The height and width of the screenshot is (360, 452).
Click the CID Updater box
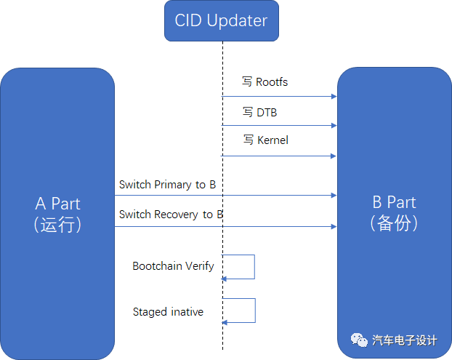point(222,20)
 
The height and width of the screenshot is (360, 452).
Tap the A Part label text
point(58,204)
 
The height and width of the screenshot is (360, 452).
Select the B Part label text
point(395,202)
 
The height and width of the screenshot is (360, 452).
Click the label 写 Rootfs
point(265,82)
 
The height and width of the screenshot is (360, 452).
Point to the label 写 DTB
point(259,113)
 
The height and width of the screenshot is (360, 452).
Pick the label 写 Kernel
point(265,140)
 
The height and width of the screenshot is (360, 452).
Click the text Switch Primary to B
point(167,185)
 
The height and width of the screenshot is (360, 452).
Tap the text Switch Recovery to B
point(171,215)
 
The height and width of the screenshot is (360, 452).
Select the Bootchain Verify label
point(173,266)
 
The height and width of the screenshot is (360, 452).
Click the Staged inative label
point(168,312)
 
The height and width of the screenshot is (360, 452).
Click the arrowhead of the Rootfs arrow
point(334,96)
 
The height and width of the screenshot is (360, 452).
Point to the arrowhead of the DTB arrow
point(334,126)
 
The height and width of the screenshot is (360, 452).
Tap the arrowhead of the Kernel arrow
point(334,156)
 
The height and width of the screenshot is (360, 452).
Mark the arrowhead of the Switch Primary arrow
point(334,195)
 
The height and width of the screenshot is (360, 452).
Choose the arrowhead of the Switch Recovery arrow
point(334,226)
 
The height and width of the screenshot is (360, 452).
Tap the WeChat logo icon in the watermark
point(360,340)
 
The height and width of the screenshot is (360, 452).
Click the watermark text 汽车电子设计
point(405,340)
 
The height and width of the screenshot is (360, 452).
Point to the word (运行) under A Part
point(58,224)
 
